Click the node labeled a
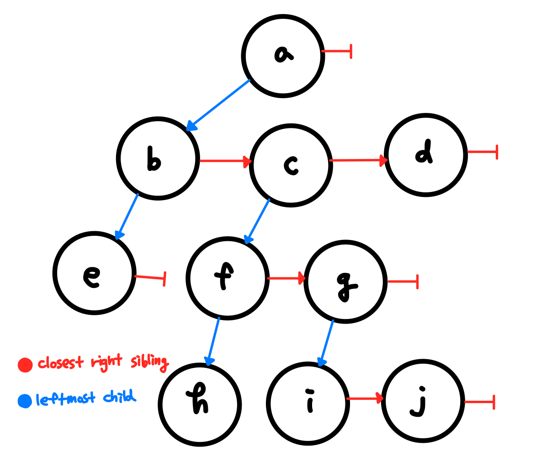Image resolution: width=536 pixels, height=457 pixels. [283, 56]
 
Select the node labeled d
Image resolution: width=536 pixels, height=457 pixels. [425, 155]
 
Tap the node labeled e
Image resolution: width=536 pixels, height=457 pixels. [95, 273]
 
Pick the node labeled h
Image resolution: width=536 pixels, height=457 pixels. [200, 404]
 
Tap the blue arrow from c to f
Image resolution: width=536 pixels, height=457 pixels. [257, 221]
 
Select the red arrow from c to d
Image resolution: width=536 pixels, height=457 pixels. [358, 160]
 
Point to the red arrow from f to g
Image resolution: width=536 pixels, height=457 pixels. [286, 278]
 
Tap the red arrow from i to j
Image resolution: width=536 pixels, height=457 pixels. [365, 399]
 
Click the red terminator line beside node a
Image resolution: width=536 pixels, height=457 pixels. [337, 51]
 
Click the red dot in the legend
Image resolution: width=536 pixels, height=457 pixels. [25, 365]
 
